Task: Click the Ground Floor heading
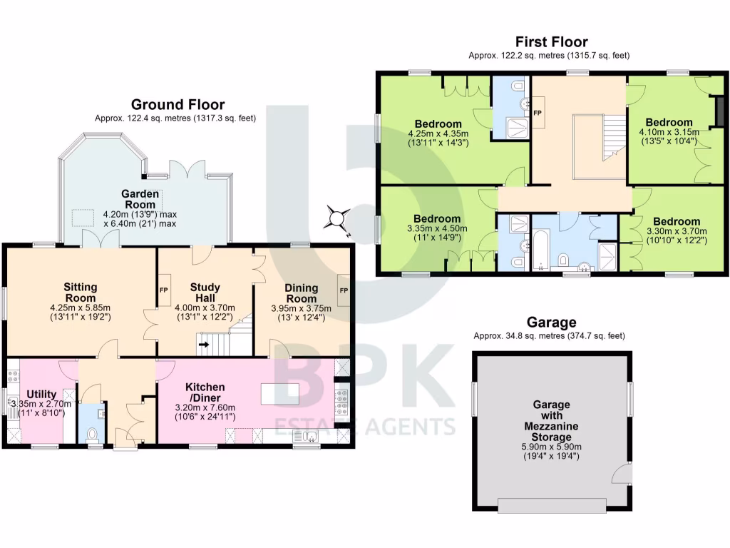(178, 105)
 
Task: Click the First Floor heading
(551, 42)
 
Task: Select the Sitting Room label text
(80, 293)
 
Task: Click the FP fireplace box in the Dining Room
(344, 290)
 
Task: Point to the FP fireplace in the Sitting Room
(163, 290)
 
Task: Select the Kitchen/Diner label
(205, 392)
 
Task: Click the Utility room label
(41, 394)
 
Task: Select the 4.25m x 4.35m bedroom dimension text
(438, 133)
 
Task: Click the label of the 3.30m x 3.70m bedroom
(677, 221)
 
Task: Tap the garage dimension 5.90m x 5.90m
(552, 447)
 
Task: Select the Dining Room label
(301, 293)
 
